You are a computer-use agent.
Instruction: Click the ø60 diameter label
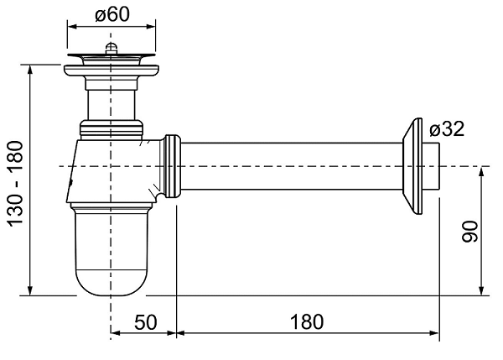112,15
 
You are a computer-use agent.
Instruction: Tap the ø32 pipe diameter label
447,129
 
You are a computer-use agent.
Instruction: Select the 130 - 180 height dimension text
16,184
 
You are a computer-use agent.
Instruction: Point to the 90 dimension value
470,232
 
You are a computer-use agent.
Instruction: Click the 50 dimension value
146,322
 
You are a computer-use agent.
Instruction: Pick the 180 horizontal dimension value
307,322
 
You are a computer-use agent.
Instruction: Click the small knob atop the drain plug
111,48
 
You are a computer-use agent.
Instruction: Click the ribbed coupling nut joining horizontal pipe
172,166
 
